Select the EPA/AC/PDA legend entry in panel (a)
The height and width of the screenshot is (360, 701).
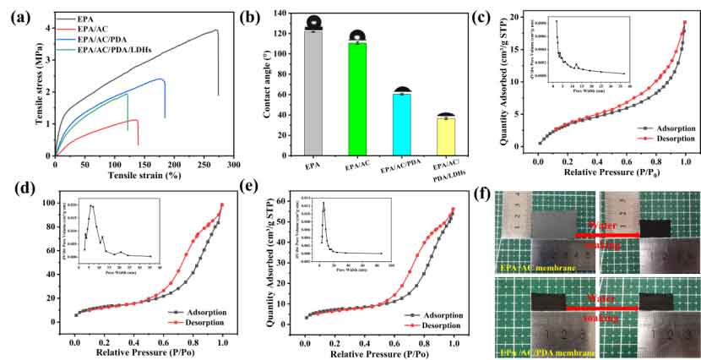click(x=104, y=40)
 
